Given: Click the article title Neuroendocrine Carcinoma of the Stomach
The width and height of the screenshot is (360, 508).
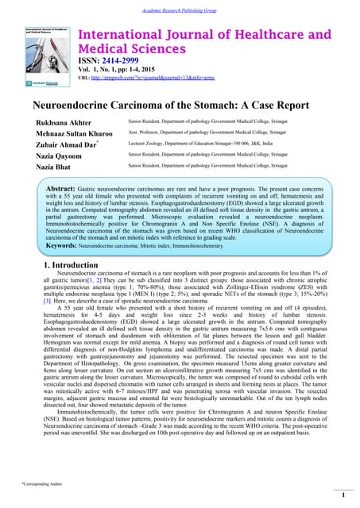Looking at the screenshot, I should tap(180, 105).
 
